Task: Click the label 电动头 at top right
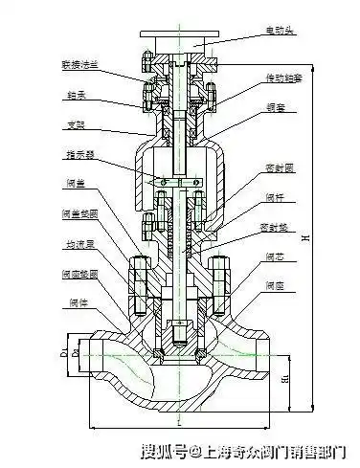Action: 281,32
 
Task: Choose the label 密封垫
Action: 275,231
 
